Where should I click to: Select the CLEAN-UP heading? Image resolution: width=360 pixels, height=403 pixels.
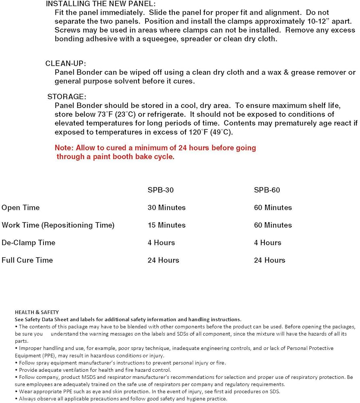pyautogui.click(x=66, y=63)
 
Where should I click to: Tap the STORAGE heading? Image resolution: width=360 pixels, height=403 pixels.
pyautogui.click(x=67, y=97)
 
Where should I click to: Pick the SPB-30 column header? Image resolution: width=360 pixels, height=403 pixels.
pyautogui.click(x=161, y=190)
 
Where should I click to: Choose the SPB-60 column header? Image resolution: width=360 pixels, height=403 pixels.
pyautogui.click(x=267, y=190)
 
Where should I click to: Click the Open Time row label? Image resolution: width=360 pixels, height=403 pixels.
pyautogui.click(x=21, y=208)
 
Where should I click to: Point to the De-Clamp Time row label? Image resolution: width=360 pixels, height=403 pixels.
pyautogui.click(x=28, y=243)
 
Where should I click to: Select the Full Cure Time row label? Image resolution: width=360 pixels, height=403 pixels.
pyautogui.click(x=27, y=260)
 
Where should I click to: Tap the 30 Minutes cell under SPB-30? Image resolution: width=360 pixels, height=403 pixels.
pyautogui.click(x=166, y=208)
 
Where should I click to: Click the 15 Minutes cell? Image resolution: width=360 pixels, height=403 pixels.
pyautogui.click(x=166, y=225)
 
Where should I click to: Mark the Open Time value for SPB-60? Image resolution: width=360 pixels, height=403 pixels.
pyautogui.click(x=273, y=208)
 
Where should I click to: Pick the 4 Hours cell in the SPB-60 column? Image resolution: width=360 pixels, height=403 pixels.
pyautogui.click(x=267, y=243)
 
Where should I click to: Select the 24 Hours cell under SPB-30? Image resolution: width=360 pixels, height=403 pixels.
pyautogui.click(x=163, y=260)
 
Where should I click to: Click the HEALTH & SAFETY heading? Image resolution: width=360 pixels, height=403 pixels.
pyautogui.click(x=37, y=312)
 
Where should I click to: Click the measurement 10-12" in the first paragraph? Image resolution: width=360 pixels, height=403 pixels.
pyautogui.click(x=284, y=21)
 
